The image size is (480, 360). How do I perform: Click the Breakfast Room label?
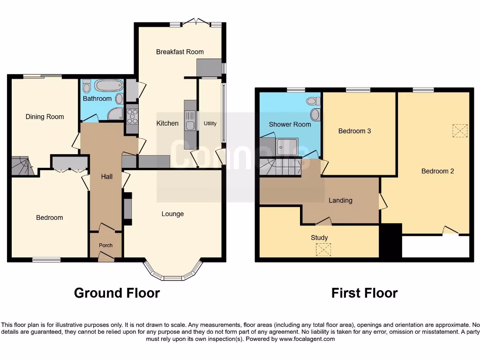coord(180,52)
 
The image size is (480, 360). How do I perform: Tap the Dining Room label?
coord(45,117)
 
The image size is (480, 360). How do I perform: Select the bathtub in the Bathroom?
coord(108,86)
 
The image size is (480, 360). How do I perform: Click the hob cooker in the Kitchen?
coord(132,115)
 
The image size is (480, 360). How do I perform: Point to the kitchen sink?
coord(190,120)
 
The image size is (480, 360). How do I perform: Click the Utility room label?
coord(210,123)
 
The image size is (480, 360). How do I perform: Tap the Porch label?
coord(105,245)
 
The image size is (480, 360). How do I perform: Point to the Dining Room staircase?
coord(21,166)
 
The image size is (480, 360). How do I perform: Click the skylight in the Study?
coord(322,250)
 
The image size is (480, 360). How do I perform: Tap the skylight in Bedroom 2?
coord(460,131)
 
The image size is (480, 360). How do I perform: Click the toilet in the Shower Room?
coord(314,101)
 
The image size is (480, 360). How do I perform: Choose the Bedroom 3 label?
coord(354,131)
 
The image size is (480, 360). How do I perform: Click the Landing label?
coord(340,200)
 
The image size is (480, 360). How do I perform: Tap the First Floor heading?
coord(364,293)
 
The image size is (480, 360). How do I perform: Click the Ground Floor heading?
coord(117,293)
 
